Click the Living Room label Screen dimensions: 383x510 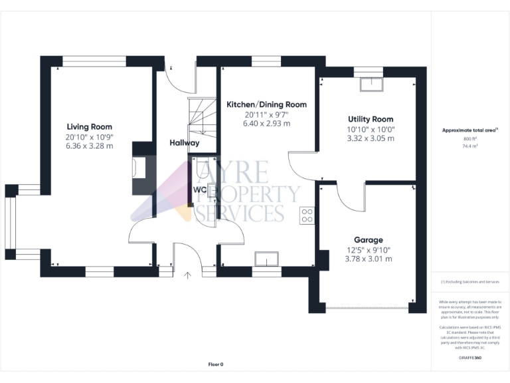89,126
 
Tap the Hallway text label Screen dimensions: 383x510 184,142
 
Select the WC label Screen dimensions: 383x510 199,190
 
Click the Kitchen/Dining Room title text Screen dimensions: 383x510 266,104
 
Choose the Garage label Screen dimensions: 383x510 368,240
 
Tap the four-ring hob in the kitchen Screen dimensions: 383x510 307,215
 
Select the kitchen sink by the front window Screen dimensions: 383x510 269,258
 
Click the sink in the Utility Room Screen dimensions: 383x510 371,84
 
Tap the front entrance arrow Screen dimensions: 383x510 188,274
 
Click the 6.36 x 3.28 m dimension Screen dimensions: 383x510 89,146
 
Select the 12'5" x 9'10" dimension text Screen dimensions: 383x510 368,250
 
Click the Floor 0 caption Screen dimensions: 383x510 216,364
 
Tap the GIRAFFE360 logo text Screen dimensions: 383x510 470,358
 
